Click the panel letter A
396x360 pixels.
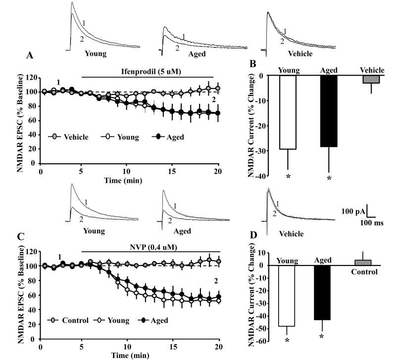(x=30, y=56)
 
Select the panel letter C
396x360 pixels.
(x=30, y=236)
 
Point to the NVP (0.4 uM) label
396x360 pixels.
(x=150, y=245)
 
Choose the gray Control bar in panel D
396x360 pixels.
(x=363, y=262)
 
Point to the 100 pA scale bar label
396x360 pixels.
(x=353, y=212)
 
